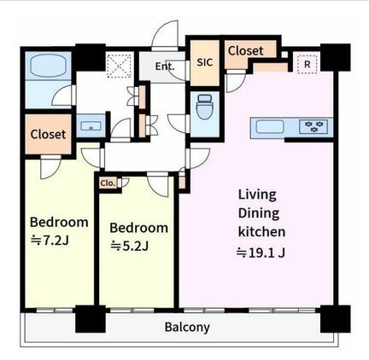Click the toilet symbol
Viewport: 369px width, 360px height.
[204, 107]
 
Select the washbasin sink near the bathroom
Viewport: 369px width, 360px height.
[91, 125]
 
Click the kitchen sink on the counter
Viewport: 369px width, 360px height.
[270, 126]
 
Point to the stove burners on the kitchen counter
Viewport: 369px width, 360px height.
[314, 126]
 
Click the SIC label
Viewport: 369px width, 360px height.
[205, 62]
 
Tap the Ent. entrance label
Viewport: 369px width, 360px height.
[165, 67]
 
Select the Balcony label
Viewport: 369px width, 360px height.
[187, 328]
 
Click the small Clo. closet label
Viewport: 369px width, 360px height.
[108, 183]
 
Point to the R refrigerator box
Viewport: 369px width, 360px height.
[307, 64]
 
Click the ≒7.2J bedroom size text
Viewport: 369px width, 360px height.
[50, 241]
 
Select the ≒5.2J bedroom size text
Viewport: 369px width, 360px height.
[130, 246]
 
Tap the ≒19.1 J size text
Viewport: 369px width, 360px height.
[261, 253]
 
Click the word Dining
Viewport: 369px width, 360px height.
[259, 213]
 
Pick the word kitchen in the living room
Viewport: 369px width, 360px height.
[261, 232]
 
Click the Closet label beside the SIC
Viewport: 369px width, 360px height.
[246, 51]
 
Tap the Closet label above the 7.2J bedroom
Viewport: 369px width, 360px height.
[48, 134]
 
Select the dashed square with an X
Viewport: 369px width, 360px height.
[119, 67]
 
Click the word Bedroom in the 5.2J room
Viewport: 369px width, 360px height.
[138, 228]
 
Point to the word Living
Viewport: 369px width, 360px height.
[257, 195]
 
